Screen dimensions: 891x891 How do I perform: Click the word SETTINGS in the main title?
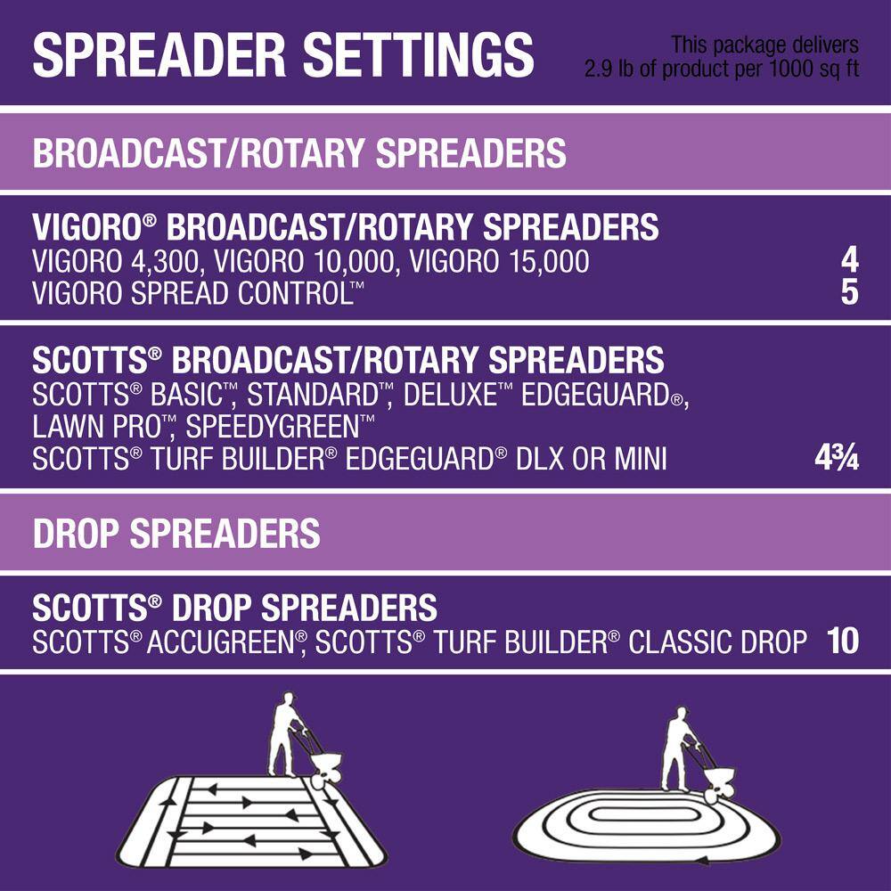pyautogui.click(x=418, y=54)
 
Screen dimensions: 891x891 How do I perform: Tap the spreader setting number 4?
pyautogui.click(x=849, y=261)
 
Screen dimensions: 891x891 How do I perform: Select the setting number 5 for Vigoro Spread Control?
pyautogui.click(x=849, y=292)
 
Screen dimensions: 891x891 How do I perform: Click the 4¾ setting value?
pyautogui.click(x=837, y=457)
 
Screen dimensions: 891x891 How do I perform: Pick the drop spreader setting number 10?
pyautogui.click(x=843, y=641)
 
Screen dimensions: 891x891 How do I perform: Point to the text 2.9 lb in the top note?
pyautogui.click(x=609, y=69)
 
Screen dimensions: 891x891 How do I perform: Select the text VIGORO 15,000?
pyautogui.click(x=499, y=262)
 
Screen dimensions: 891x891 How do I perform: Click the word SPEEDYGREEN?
pyautogui.click(x=273, y=427)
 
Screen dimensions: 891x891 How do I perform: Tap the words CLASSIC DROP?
pyautogui.click(x=717, y=642)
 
